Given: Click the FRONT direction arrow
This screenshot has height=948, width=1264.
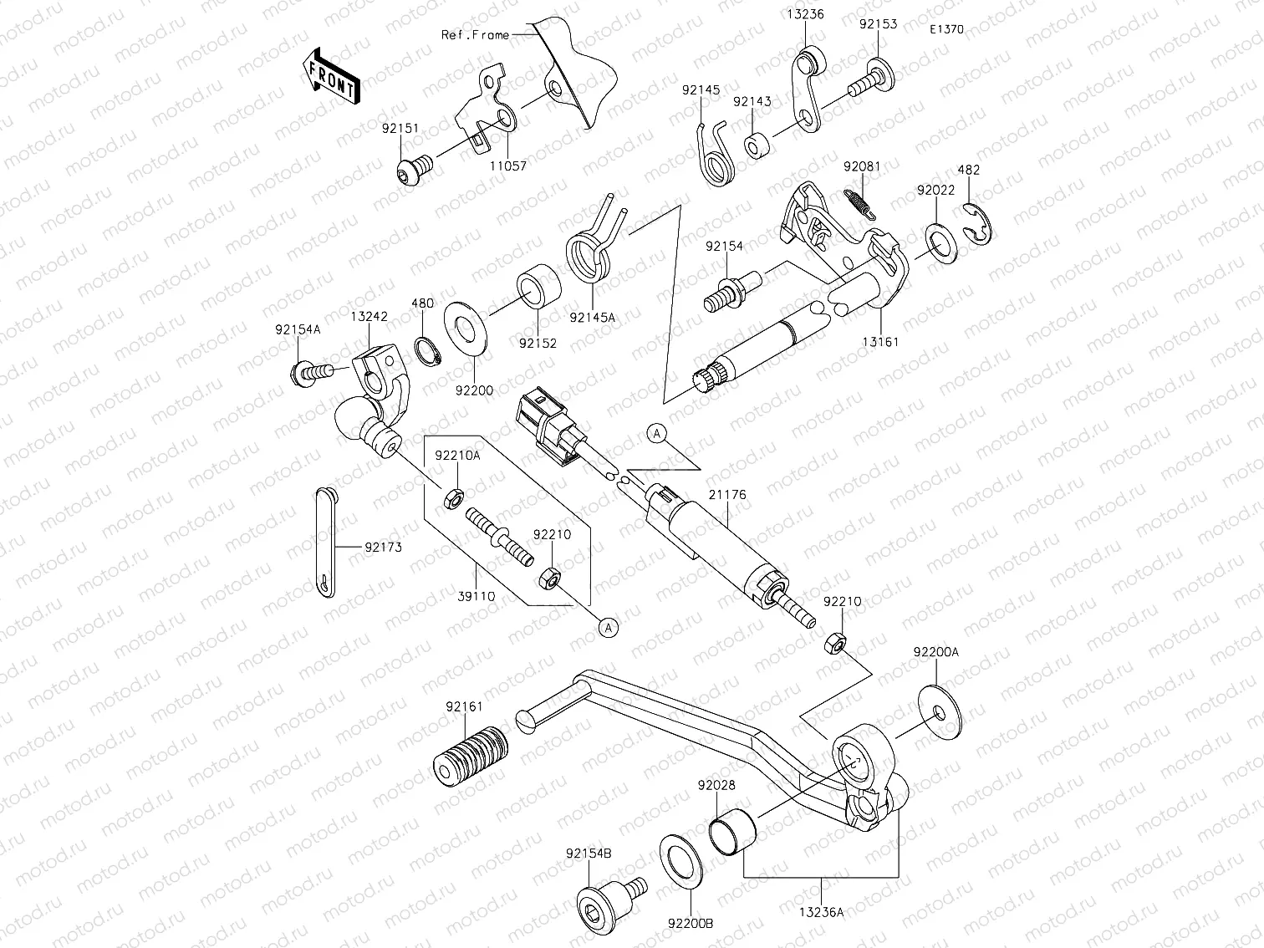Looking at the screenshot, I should pyautogui.click(x=332, y=76).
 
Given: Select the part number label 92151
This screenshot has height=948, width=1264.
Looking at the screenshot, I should pyautogui.click(x=400, y=129).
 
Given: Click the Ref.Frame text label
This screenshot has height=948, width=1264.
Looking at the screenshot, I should pyautogui.click(x=475, y=35).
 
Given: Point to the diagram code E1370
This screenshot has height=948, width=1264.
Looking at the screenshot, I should pyautogui.click(x=946, y=29).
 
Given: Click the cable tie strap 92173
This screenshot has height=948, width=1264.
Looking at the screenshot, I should pyautogui.click(x=324, y=543).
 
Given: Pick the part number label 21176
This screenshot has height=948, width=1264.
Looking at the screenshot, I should pyautogui.click(x=728, y=495).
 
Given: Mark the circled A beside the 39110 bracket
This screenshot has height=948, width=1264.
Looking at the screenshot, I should pyautogui.click(x=609, y=627).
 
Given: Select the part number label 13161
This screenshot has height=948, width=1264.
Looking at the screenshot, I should pyautogui.click(x=881, y=342).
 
